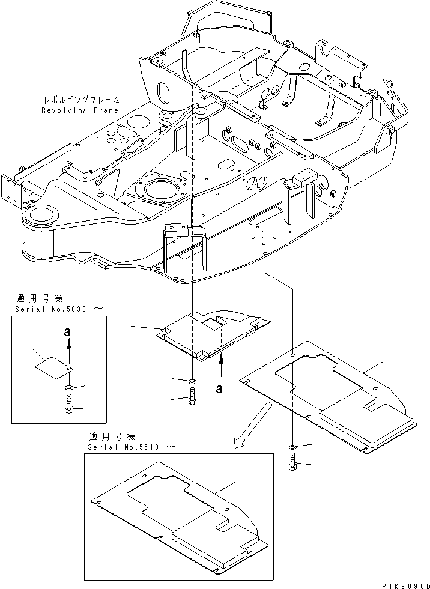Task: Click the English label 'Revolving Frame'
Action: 80,110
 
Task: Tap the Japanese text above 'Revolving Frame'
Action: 80,100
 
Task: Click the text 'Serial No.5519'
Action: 127,447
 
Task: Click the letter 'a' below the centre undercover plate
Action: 221,389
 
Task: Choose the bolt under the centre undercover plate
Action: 192,396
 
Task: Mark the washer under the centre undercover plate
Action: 191,381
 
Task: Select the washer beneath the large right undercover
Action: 292,447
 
